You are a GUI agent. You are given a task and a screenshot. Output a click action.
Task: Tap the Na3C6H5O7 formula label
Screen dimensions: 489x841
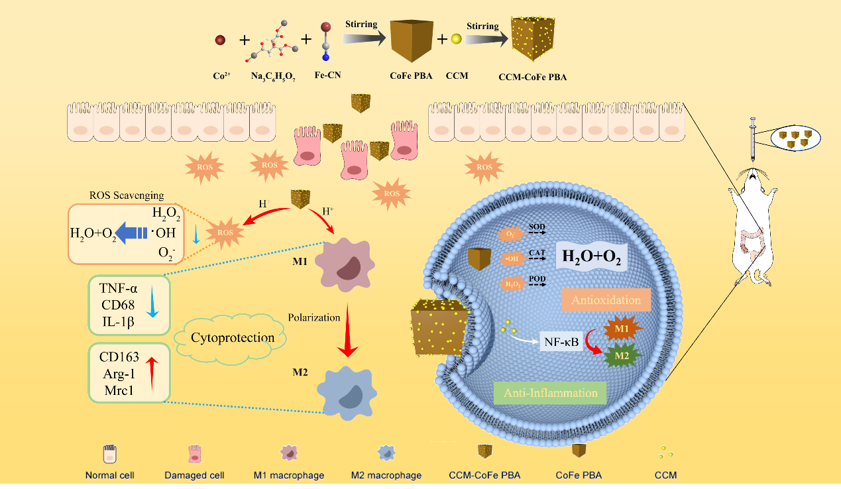272,76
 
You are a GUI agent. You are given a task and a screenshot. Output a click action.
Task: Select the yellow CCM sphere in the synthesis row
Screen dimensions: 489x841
456,40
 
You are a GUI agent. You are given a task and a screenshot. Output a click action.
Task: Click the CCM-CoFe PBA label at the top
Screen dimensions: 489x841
532,76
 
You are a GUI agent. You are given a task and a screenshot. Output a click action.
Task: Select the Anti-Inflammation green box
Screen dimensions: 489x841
550,393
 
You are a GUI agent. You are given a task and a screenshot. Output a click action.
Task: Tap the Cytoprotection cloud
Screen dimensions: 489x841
233,338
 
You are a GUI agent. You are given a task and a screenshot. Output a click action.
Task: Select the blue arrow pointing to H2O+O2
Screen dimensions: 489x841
134,232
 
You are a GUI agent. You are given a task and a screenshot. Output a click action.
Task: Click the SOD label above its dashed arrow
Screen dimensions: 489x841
536,227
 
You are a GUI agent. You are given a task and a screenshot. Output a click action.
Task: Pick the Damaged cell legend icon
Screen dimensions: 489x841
194,454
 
